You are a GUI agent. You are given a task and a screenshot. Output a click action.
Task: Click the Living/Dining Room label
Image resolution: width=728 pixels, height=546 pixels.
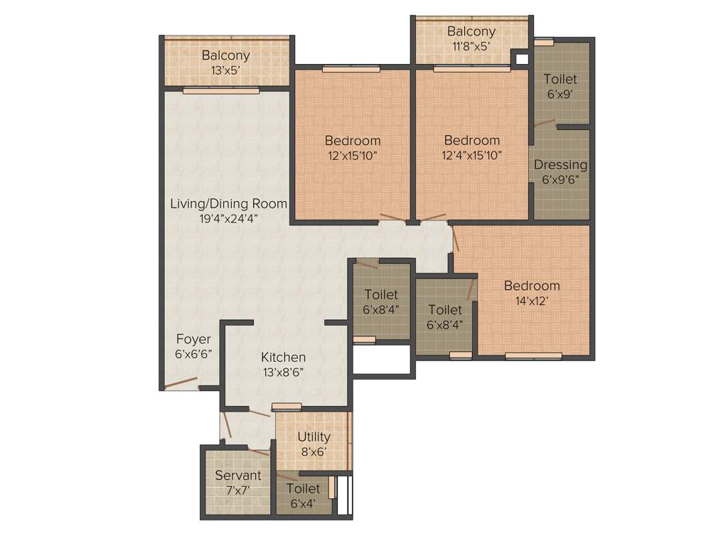pyautogui.click(x=228, y=203)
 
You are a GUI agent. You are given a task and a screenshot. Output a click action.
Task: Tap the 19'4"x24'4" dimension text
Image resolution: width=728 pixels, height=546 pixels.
pyautogui.click(x=228, y=219)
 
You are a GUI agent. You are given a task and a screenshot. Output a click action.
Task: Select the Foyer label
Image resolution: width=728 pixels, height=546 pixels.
pyautogui.click(x=193, y=339)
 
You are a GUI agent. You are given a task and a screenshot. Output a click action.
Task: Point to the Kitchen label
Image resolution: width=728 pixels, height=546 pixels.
pyautogui.click(x=283, y=357)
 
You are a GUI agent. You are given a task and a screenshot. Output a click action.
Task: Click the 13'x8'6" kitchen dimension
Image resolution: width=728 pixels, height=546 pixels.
pyautogui.click(x=283, y=373)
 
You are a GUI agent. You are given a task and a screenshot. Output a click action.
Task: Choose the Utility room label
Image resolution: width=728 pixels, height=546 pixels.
pyautogui.click(x=314, y=437)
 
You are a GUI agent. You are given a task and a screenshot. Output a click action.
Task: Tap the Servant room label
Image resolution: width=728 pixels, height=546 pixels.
pyautogui.click(x=238, y=475)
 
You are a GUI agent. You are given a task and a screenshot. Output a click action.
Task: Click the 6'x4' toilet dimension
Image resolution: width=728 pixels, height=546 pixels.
pyautogui.click(x=304, y=504)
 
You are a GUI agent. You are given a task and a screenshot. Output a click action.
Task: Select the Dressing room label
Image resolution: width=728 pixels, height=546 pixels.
pyautogui.click(x=560, y=164)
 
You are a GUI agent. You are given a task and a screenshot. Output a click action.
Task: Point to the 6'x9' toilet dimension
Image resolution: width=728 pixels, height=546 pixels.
pyautogui.click(x=560, y=94)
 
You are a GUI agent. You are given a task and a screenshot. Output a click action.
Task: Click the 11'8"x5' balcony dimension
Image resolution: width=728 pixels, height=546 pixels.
pyautogui.click(x=471, y=47)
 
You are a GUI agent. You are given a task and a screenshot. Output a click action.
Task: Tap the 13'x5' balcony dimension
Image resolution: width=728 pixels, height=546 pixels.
pyautogui.click(x=225, y=70)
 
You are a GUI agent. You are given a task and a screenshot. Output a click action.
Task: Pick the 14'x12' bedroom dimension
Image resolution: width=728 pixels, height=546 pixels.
pyautogui.click(x=532, y=301)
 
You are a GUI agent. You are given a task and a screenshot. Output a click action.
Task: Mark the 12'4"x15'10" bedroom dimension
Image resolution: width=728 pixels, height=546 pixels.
pyautogui.click(x=471, y=155)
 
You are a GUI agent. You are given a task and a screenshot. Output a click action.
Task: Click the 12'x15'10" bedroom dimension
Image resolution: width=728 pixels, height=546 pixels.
pyautogui.click(x=353, y=155)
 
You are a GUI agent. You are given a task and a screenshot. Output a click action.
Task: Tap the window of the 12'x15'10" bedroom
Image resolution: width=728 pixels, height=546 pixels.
pyautogui.click(x=351, y=69)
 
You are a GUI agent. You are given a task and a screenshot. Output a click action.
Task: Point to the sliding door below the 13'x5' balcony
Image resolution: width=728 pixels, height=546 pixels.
pyautogui.click(x=221, y=91)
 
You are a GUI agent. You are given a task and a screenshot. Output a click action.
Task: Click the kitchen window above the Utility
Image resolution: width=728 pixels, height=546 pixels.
pyautogui.click(x=287, y=407)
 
